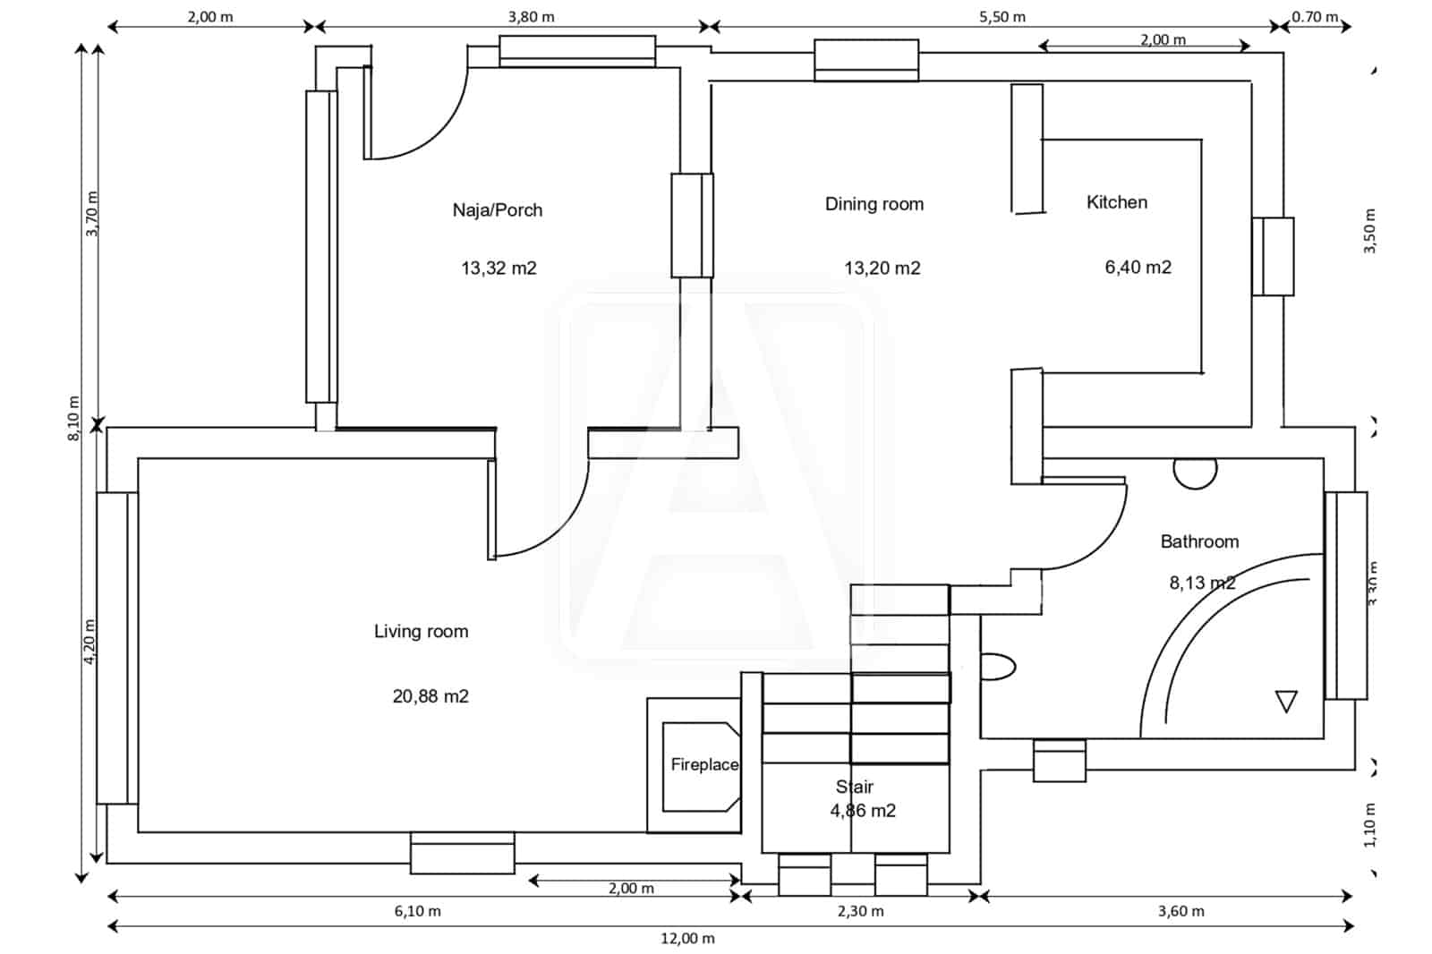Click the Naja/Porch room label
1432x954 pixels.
pos(497,210)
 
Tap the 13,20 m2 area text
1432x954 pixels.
pos(882,268)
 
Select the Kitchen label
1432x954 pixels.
pos(1116,202)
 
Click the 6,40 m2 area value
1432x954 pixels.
pos(1138,268)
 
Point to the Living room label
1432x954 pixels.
pos(421,632)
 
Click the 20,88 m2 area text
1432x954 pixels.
pos(430,696)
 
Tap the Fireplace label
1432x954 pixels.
pos(704,764)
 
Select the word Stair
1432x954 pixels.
pos(854,787)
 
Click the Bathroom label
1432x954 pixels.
pos(1199,541)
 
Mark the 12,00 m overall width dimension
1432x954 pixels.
pos(687,938)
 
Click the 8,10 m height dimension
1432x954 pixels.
pos(74,418)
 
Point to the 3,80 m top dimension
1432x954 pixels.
pos(531,17)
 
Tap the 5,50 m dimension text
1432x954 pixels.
pos(1002,17)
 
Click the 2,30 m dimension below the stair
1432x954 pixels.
pos(860,911)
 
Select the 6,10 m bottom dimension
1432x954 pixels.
pos(417,911)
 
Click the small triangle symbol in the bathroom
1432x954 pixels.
pos(1286,701)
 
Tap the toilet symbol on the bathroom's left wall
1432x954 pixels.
pos(997,667)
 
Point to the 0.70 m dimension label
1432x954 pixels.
pos(1315,17)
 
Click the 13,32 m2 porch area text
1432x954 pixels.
pos(499,268)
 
